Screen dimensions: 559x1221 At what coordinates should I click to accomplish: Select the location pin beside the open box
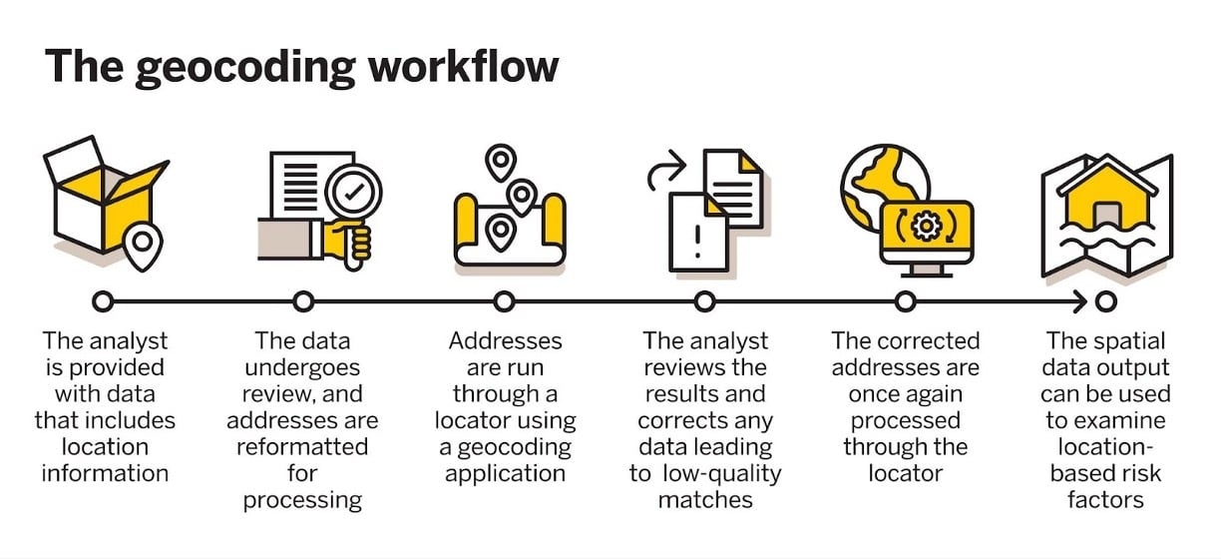click(143, 243)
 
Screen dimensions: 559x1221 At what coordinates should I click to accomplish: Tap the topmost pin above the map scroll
click(499, 161)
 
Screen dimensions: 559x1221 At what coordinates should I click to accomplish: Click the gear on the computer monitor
click(927, 227)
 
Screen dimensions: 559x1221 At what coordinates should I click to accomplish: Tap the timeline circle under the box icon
click(103, 300)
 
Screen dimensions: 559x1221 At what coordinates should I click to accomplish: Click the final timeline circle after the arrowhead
click(1105, 300)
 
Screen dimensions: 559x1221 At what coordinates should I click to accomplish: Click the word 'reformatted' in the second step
click(302, 446)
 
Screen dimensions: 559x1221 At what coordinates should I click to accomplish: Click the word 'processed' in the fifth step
click(906, 420)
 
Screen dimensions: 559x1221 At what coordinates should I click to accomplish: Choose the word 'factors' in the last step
click(1105, 499)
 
